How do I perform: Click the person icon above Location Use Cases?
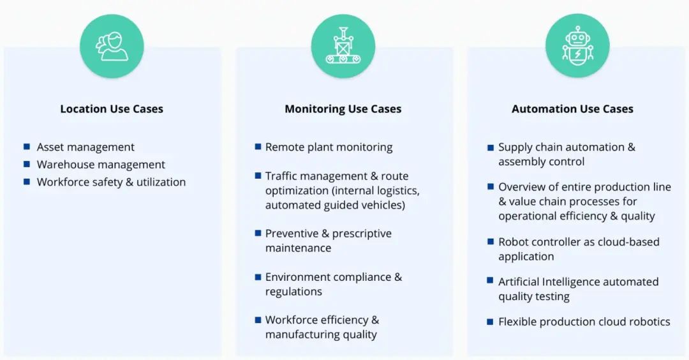[x=112, y=47]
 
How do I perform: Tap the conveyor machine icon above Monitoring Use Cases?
[x=343, y=47]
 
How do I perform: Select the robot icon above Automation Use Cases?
[x=577, y=47]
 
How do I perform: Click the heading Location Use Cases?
[x=112, y=109]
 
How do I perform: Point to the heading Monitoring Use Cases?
[x=343, y=109]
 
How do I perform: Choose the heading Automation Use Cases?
[x=572, y=109]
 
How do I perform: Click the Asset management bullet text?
[x=85, y=147]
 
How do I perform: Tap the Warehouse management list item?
[x=101, y=165]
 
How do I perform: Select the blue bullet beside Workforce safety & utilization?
[x=27, y=181]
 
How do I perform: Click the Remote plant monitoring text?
[x=329, y=147]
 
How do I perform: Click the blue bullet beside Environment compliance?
[x=258, y=277]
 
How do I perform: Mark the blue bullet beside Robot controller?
[x=491, y=242]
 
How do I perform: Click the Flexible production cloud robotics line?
[x=584, y=322]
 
